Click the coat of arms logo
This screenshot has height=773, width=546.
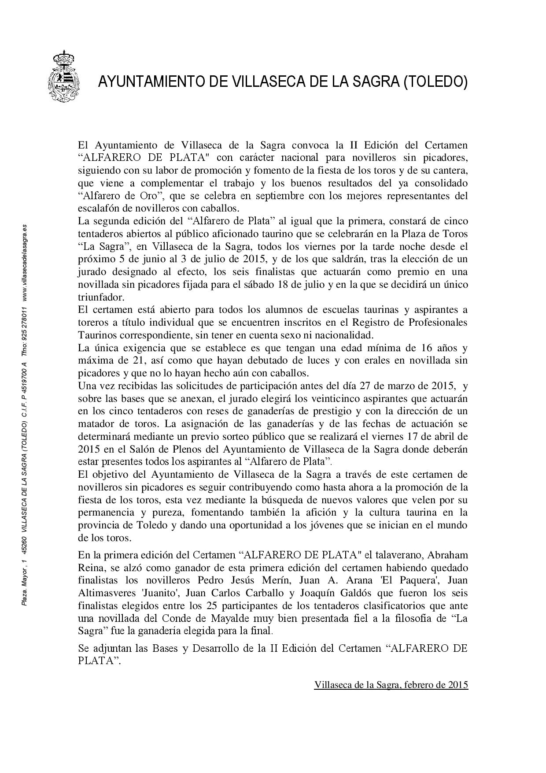63,76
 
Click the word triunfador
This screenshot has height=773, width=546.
100,297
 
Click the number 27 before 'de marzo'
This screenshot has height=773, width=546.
372,386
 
